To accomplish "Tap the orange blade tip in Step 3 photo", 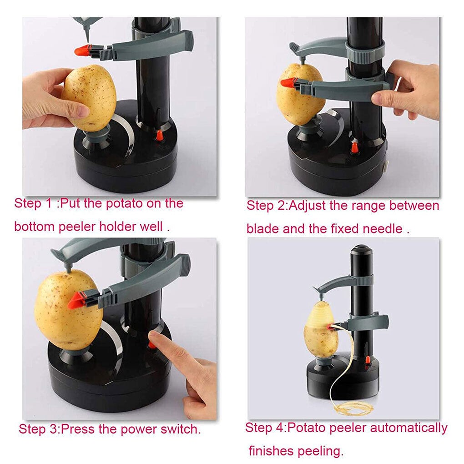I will (x=76, y=300).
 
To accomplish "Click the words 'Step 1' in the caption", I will (x=34, y=203).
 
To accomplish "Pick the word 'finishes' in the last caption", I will (x=271, y=451).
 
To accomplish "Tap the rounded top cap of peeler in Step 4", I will (x=362, y=250).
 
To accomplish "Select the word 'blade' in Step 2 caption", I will (x=263, y=228).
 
